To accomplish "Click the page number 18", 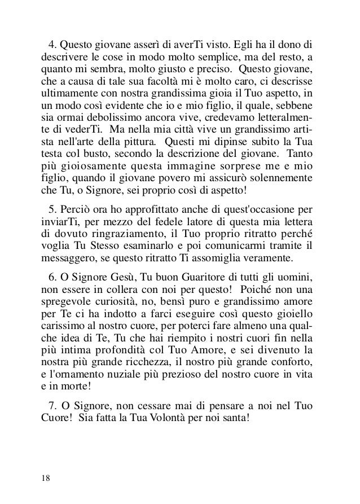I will click(45, 478).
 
